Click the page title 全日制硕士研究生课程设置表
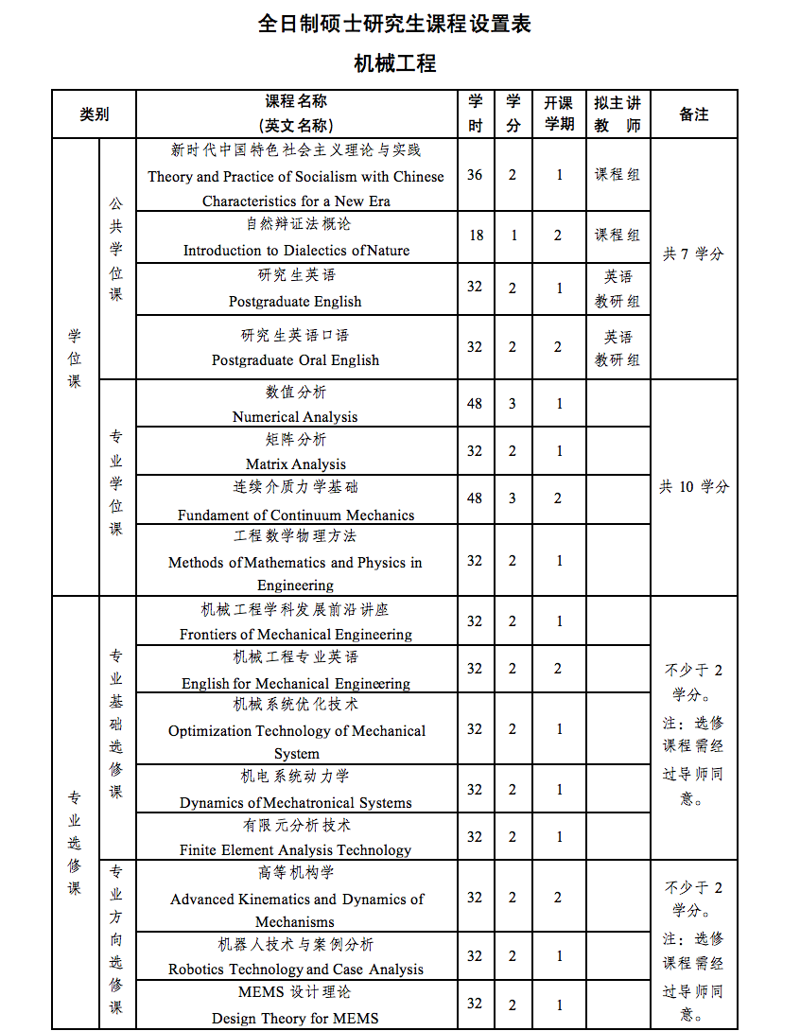pos(394,24)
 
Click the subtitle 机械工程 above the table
pos(394,64)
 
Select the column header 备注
pos(694,114)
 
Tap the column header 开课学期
pos(559,114)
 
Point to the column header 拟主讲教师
pos(617,114)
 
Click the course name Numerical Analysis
pos(295,416)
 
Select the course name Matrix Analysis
pos(296,463)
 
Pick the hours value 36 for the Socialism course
pos(475,175)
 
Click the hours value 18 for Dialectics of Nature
pos(476,235)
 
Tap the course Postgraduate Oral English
pos(296,359)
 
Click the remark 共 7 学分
pos(693,253)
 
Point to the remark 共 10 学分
pos(694,486)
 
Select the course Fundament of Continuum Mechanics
pos(296,515)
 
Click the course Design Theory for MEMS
pos(295,1018)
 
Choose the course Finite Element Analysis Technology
pos(296,849)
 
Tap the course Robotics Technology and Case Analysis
pos(296,969)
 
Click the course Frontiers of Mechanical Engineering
pos(296,634)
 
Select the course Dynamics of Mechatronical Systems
pos(296,802)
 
